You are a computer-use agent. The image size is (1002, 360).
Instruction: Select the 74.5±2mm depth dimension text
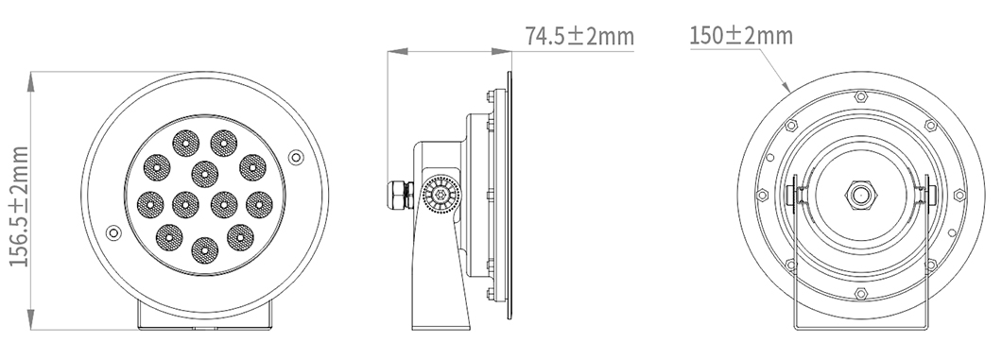pyautogui.click(x=579, y=37)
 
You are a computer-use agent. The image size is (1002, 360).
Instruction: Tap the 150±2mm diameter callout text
pyautogui.click(x=740, y=37)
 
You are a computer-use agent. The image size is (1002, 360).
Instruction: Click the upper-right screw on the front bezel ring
pyautogui.click(x=295, y=156)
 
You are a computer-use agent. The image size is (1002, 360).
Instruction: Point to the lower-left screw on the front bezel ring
pyautogui.click(x=114, y=232)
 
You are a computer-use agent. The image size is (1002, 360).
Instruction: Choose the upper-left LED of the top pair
pyautogui.click(x=183, y=143)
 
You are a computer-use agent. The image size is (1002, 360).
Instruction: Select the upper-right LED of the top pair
pyautogui.click(x=222, y=143)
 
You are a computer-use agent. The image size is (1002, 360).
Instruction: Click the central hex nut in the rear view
pyautogui.click(x=859, y=196)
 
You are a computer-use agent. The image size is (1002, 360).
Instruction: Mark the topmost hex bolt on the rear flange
pyautogui.click(x=859, y=96)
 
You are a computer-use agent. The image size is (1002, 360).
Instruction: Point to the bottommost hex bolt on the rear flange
pyautogui.click(x=859, y=295)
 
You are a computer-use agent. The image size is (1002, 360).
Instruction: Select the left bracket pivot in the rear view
pyautogui.click(x=796, y=197)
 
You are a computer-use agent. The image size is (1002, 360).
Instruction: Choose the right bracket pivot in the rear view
pyautogui.click(x=924, y=197)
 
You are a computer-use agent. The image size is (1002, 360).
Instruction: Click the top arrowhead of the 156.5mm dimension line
pyautogui.click(x=33, y=77)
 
